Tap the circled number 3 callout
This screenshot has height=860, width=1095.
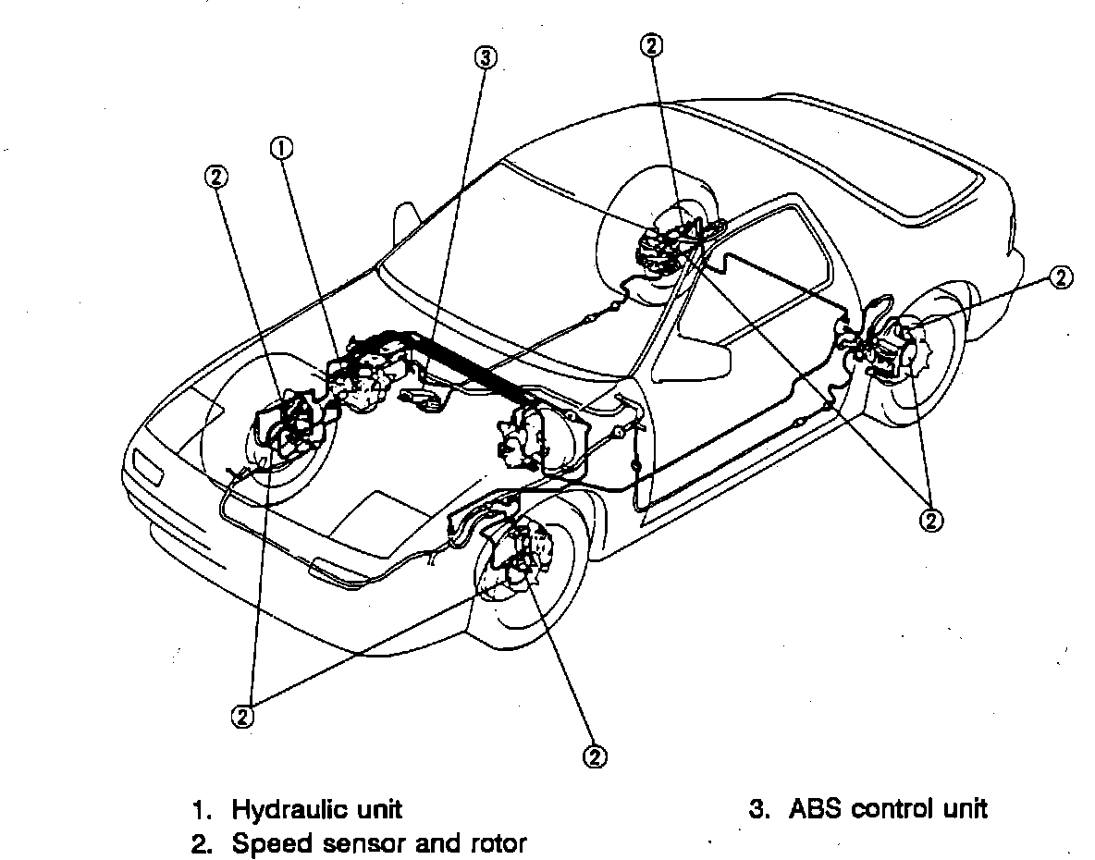[486, 57]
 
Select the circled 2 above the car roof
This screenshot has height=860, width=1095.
[651, 44]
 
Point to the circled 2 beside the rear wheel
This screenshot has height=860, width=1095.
[1062, 276]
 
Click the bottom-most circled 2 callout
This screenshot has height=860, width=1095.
[594, 756]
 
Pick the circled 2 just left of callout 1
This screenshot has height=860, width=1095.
[216, 176]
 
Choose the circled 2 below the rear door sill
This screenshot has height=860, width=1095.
[930, 520]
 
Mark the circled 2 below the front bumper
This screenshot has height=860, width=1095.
[242, 717]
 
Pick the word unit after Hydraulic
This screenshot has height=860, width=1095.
[378, 810]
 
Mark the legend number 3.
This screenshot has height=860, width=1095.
[757, 810]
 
